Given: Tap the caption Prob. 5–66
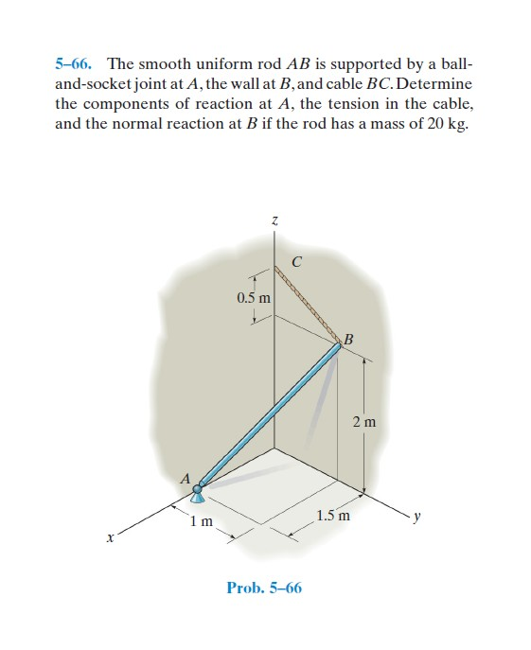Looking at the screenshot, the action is pyautogui.click(x=264, y=588).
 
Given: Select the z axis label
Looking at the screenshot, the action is pyautogui.click(x=274, y=220).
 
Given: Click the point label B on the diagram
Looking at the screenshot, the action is pyautogui.click(x=349, y=338).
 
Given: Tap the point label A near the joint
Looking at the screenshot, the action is pyautogui.click(x=186, y=478).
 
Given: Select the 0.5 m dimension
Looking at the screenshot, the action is pyautogui.click(x=253, y=298).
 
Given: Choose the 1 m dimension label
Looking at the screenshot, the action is pyautogui.click(x=200, y=521).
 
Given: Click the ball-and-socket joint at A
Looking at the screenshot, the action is pyautogui.click(x=199, y=491).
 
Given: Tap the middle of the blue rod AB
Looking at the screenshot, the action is pyautogui.click(x=270, y=417).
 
